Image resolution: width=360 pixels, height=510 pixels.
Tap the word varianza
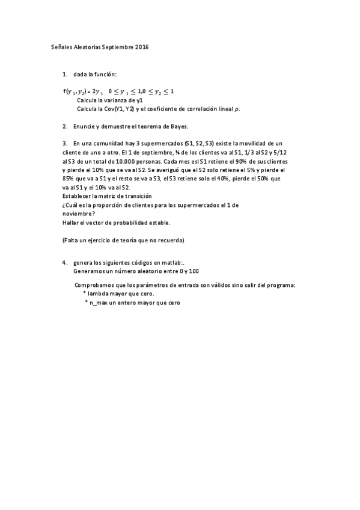click(117, 100)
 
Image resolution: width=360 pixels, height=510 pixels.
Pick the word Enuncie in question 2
click(86, 127)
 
